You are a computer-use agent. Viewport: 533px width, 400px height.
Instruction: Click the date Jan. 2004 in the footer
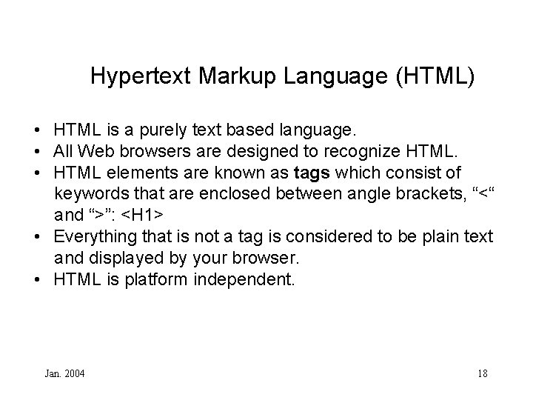(x=64, y=373)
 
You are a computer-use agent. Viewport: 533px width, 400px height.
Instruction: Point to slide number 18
(x=482, y=373)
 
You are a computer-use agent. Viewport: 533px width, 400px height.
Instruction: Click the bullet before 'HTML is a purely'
(x=36, y=132)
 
